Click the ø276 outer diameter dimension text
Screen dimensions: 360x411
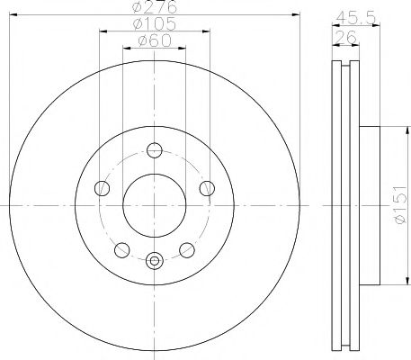click(x=152, y=8)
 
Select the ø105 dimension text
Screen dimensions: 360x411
click(x=152, y=25)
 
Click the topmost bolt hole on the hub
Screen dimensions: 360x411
click(x=154, y=150)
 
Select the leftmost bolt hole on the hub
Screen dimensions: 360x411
click(x=102, y=188)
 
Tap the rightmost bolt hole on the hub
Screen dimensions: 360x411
click(x=207, y=188)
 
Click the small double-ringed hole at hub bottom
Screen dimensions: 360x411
click(x=154, y=262)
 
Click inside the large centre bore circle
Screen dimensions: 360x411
click(x=154, y=202)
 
